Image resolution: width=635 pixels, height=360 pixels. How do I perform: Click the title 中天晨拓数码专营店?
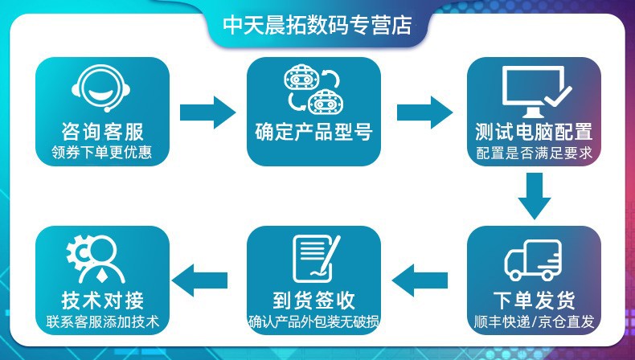tap(317, 25)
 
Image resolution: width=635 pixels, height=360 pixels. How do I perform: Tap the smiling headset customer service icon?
tap(101, 88)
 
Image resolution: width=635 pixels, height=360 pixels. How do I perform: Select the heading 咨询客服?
tap(102, 132)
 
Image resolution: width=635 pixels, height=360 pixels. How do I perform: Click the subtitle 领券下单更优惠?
tap(101, 153)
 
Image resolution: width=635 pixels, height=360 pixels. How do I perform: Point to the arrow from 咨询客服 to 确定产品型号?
tap(207, 112)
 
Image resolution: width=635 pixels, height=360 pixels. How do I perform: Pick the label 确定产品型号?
tap(313, 132)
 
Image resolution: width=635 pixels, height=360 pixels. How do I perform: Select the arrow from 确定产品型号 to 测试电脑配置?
tap(425, 112)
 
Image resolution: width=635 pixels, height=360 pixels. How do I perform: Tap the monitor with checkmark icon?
tap(535, 92)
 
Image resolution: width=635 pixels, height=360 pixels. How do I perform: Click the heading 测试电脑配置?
tap(534, 132)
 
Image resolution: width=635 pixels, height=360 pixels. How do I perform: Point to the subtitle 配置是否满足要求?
tap(535, 153)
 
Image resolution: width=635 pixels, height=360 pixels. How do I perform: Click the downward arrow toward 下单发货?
tap(535, 196)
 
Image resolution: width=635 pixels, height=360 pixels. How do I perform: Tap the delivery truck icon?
tap(534, 260)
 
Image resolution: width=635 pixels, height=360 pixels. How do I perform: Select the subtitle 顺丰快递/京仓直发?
tap(535, 322)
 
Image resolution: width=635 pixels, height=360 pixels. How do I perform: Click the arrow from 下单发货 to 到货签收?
tap(420, 280)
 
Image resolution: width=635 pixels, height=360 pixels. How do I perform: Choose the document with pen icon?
tap(316, 259)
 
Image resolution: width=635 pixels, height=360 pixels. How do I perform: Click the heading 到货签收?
tap(313, 301)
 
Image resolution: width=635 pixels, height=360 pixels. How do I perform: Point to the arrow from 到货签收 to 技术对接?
tap(199, 280)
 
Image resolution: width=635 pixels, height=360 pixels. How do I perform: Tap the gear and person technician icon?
tap(96, 260)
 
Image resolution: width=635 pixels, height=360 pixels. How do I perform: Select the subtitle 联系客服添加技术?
tap(102, 322)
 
